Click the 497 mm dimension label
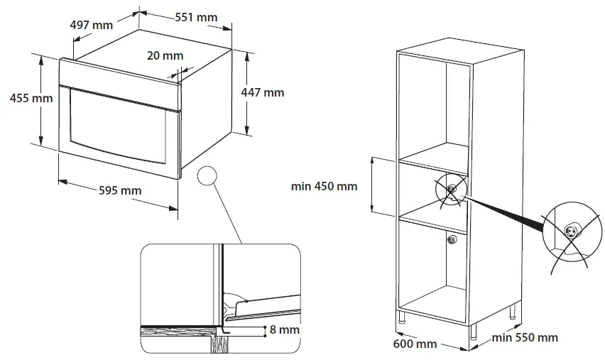pyautogui.click(x=92, y=25)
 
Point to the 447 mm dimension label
pyautogui.click(x=263, y=92)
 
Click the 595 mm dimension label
pyautogui.click(x=119, y=190)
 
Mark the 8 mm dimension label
pyautogui.click(x=284, y=329)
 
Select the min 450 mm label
pyautogui.click(x=325, y=186)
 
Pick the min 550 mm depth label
pyautogui.click(x=525, y=337)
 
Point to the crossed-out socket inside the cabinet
pyautogui.click(x=450, y=189)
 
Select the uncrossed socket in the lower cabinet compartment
pyautogui.click(x=451, y=240)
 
